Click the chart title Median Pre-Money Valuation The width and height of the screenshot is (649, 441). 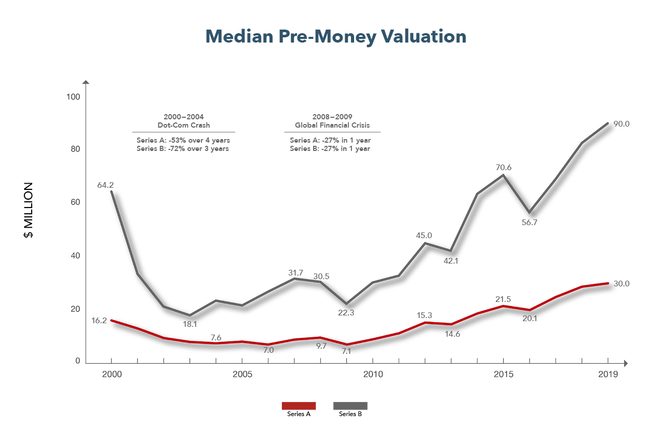coord(336,37)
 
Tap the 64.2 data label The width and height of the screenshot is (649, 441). coord(105,185)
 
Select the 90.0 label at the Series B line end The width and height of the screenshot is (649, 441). coord(621,124)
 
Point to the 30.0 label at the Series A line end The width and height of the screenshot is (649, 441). coord(621,284)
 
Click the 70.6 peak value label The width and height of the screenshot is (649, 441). coord(504,168)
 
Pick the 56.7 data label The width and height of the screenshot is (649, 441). coord(530,223)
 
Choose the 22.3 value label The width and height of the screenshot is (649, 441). coord(346,313)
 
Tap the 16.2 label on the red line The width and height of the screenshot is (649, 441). coord(99,321)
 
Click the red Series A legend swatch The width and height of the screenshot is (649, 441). coord(299,406)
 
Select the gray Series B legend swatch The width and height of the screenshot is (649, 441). coord(350,406)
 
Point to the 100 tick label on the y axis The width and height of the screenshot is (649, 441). coord(73,97)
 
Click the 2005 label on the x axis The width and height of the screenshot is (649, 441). coord(242,375)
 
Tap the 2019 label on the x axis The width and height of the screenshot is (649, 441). coord(608,375)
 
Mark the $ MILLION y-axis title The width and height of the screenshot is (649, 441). coord(29,210)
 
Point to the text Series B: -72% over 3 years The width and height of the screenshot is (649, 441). coord(183,148)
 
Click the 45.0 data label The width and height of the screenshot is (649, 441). coord(424,236)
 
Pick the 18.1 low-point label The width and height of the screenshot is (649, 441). coord(190,324)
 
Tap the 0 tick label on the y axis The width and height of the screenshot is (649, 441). coord(78,361)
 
